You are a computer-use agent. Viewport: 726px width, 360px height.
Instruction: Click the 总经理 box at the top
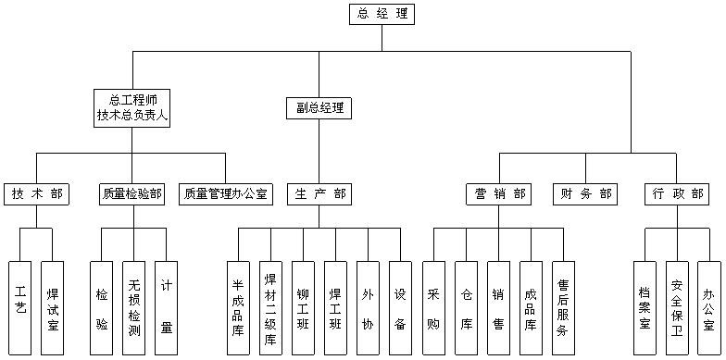click(382, 14)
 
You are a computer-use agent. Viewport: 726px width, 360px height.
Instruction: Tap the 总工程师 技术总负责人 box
click(133, 107)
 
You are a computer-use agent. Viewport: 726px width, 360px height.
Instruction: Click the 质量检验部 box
click(131, 194)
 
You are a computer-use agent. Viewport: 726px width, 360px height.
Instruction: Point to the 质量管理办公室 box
click(224, 194)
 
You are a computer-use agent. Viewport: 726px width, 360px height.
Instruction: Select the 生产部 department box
click(319, 194)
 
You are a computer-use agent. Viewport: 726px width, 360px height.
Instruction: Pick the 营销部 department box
click(499, 194)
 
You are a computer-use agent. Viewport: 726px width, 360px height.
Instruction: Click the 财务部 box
click(585, 194)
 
